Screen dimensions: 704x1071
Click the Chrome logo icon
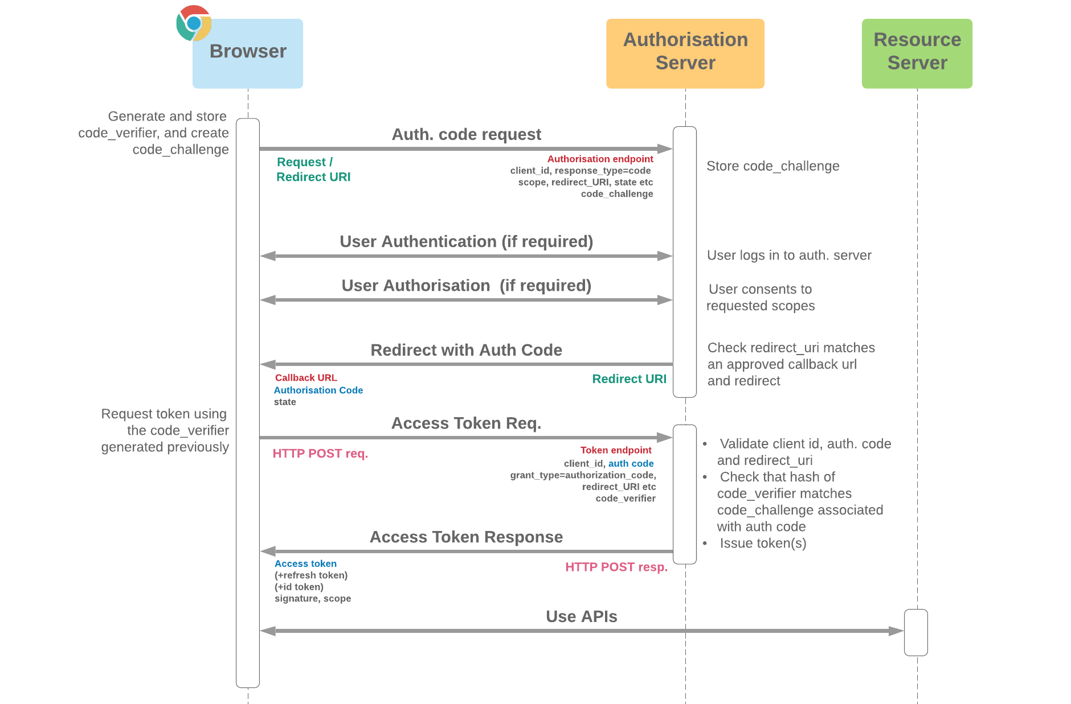click(x=194, y=23)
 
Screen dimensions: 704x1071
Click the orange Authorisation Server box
click(x=685, y=53)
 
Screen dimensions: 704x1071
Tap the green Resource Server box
click(x=917, y=53)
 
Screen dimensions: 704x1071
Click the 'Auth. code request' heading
click(x=466, y=134)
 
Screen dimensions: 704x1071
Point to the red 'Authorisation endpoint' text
click(x=600, y=159)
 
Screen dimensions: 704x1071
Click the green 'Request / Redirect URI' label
click(x=313, y=170)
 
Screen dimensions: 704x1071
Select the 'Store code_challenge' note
click(x=772, y=166)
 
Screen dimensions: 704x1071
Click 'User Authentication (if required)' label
click(x=466, y=241)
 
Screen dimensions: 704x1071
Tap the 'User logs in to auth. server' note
click(x=788, y=256)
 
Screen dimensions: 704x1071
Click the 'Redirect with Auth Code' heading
click(x=466, y=350)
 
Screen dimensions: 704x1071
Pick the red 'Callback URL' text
click(x=306, y=378)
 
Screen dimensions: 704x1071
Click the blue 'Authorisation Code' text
click(x=318, y=390)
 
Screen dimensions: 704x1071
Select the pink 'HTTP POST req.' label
click(x=320, y=454)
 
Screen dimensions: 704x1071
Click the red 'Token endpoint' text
click(x=615, y=450)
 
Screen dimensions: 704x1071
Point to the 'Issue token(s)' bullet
click(x=762, y=544)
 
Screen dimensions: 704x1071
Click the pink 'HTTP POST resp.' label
click(x=616, y=567)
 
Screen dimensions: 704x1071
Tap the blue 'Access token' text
click(x=305, y=564)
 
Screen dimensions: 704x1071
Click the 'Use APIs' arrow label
click(x=581, y=617)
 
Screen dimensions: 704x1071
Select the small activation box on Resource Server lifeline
click(x=915, y=632)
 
